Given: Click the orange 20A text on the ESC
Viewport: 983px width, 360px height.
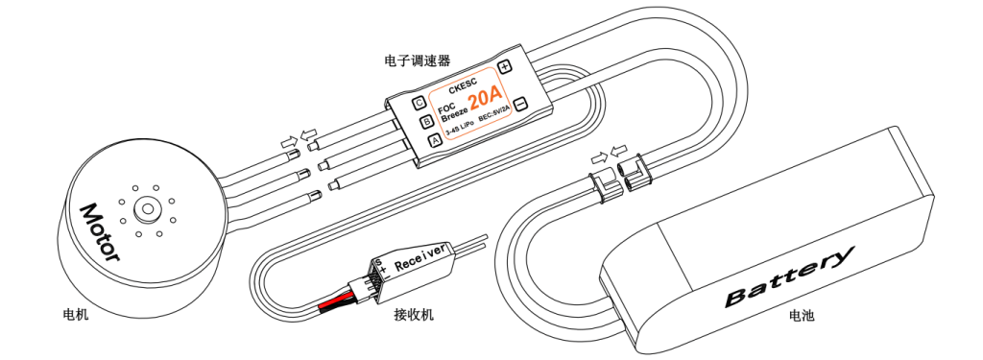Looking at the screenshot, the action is pos(486,99).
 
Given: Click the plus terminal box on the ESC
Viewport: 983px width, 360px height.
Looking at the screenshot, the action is pos(505,66).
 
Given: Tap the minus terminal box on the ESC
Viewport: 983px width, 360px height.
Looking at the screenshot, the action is pos(520,104).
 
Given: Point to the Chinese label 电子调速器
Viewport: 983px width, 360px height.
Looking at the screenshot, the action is pos(417,60).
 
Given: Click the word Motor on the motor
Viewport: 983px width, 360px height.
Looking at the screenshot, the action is pos(99,231).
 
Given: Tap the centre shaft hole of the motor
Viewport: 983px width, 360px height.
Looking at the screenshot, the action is pos(148,208).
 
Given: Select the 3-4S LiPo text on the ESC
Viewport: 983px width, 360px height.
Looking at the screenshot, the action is pos(460,130).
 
